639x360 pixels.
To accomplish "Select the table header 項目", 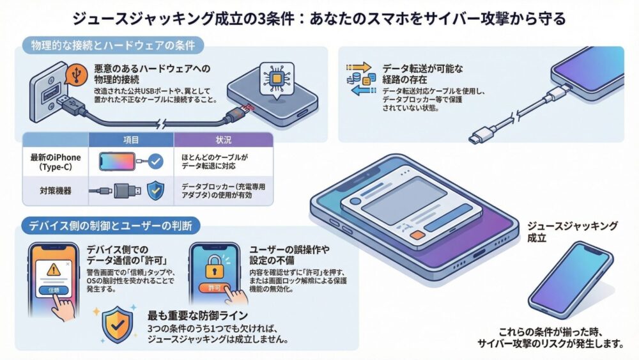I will point(131,139).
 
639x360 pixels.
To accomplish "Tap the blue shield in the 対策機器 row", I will point(156,191).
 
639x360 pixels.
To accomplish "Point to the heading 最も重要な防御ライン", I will point(197,315).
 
